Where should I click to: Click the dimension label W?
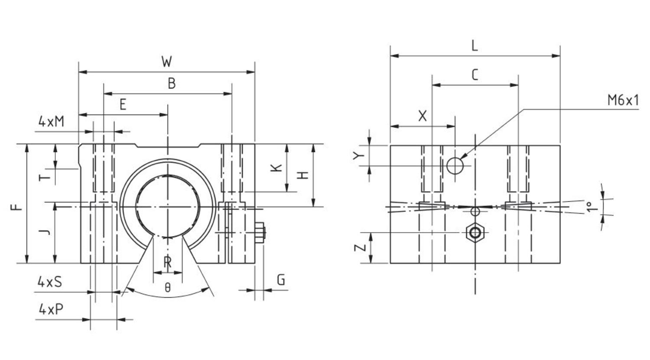pyautogui.click(x=167, y=62)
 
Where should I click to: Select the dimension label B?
pyautogui.click(x=172, y=84)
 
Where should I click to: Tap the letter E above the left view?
pyautogui.click(x=123, y=105)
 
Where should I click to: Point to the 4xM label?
pyautogui.click(x=51, y=122)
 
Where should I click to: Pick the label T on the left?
pyautogui.click(x=44, y=177)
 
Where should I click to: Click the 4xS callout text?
pyautogui.click(x=49, y=282)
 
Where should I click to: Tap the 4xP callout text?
pyautogui.click(x=51, y=310)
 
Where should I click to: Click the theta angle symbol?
pyautogui.click(x=168, y=287)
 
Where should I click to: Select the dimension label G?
pyautogui.click(x=281, y=280)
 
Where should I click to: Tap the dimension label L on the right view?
pyautogui.click(x=474, y=46)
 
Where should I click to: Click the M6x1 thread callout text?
pyautogui.click(x=623, y=101)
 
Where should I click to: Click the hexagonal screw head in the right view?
pyautogui.click(x=475, y=233)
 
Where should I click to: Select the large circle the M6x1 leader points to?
pyautogui.click(x=455, y=165)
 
